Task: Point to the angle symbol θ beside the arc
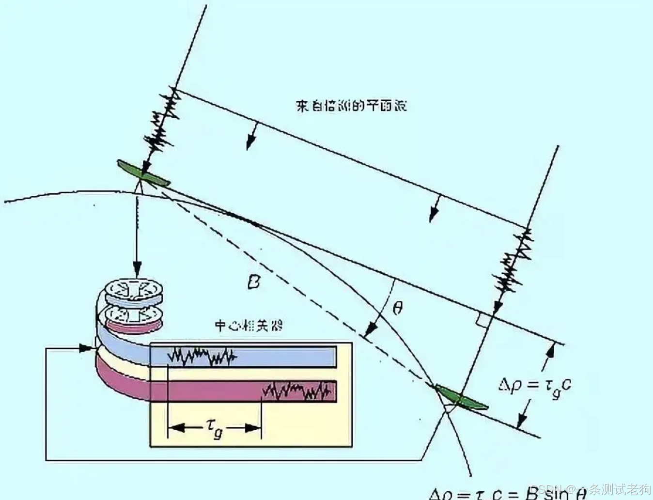(x=397, y=308)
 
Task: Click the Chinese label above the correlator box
(x=249, y=325)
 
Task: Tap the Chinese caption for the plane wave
(x=351, y=106)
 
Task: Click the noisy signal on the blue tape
(x=202, y=357)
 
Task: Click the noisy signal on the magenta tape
(x=298, y=391)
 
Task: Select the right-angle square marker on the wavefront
(x=482, y=319)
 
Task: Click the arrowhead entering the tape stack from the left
(x=86, y=348)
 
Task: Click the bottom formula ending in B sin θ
(x=509, y=493)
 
